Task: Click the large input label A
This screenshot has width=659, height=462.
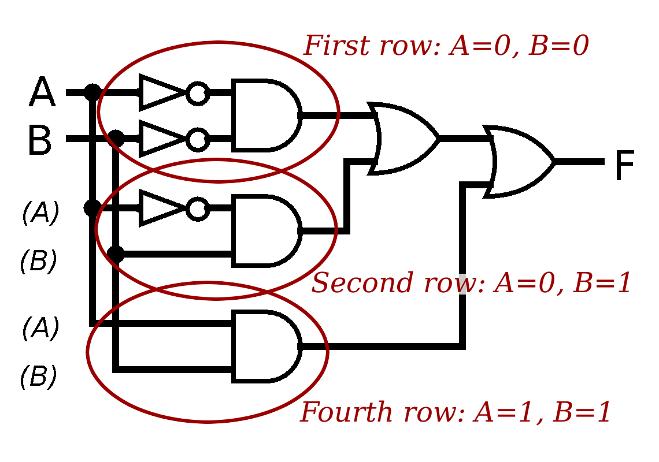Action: coord(42,93)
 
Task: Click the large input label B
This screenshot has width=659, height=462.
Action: coord(39,141)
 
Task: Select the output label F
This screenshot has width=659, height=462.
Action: coord(624,166)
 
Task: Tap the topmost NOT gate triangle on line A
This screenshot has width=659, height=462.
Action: coord(161,92)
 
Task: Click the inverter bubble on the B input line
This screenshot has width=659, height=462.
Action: coord(198,139)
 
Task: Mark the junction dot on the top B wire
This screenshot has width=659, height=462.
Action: coord(116,139)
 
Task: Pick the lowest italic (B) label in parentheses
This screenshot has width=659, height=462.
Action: coord(38,377)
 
